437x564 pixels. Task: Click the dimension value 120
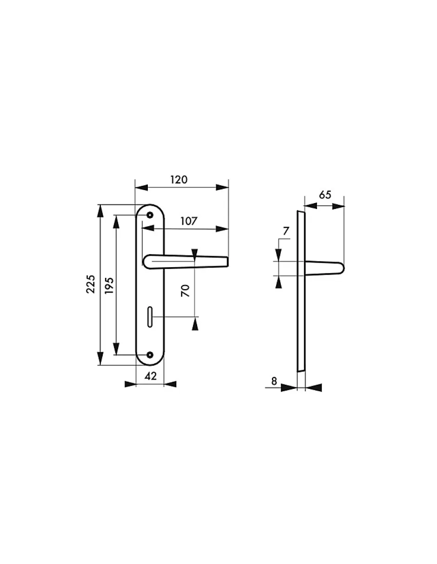pos(179,180)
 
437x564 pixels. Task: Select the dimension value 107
pos(189,221)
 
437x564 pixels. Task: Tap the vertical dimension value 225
pos(91,284)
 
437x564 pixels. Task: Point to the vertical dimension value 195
pos(109,286)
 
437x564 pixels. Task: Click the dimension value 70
pos(185,290)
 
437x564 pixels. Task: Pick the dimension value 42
pos(151,376)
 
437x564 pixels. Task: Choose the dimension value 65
pos(325,195)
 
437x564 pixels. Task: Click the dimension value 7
pos(286,231)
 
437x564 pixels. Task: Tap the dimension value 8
pos(274,381)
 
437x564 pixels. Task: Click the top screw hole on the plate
pos(150,215)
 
